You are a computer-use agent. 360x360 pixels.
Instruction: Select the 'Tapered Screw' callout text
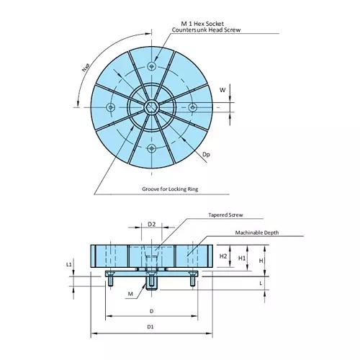227,215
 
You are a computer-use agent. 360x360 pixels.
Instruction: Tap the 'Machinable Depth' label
256,233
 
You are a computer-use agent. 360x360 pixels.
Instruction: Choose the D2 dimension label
152,225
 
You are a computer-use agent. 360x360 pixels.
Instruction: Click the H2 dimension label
223,256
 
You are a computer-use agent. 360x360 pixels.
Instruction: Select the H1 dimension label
242,256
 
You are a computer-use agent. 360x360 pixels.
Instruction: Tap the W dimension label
222,90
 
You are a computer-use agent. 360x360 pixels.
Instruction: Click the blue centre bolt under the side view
151,283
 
